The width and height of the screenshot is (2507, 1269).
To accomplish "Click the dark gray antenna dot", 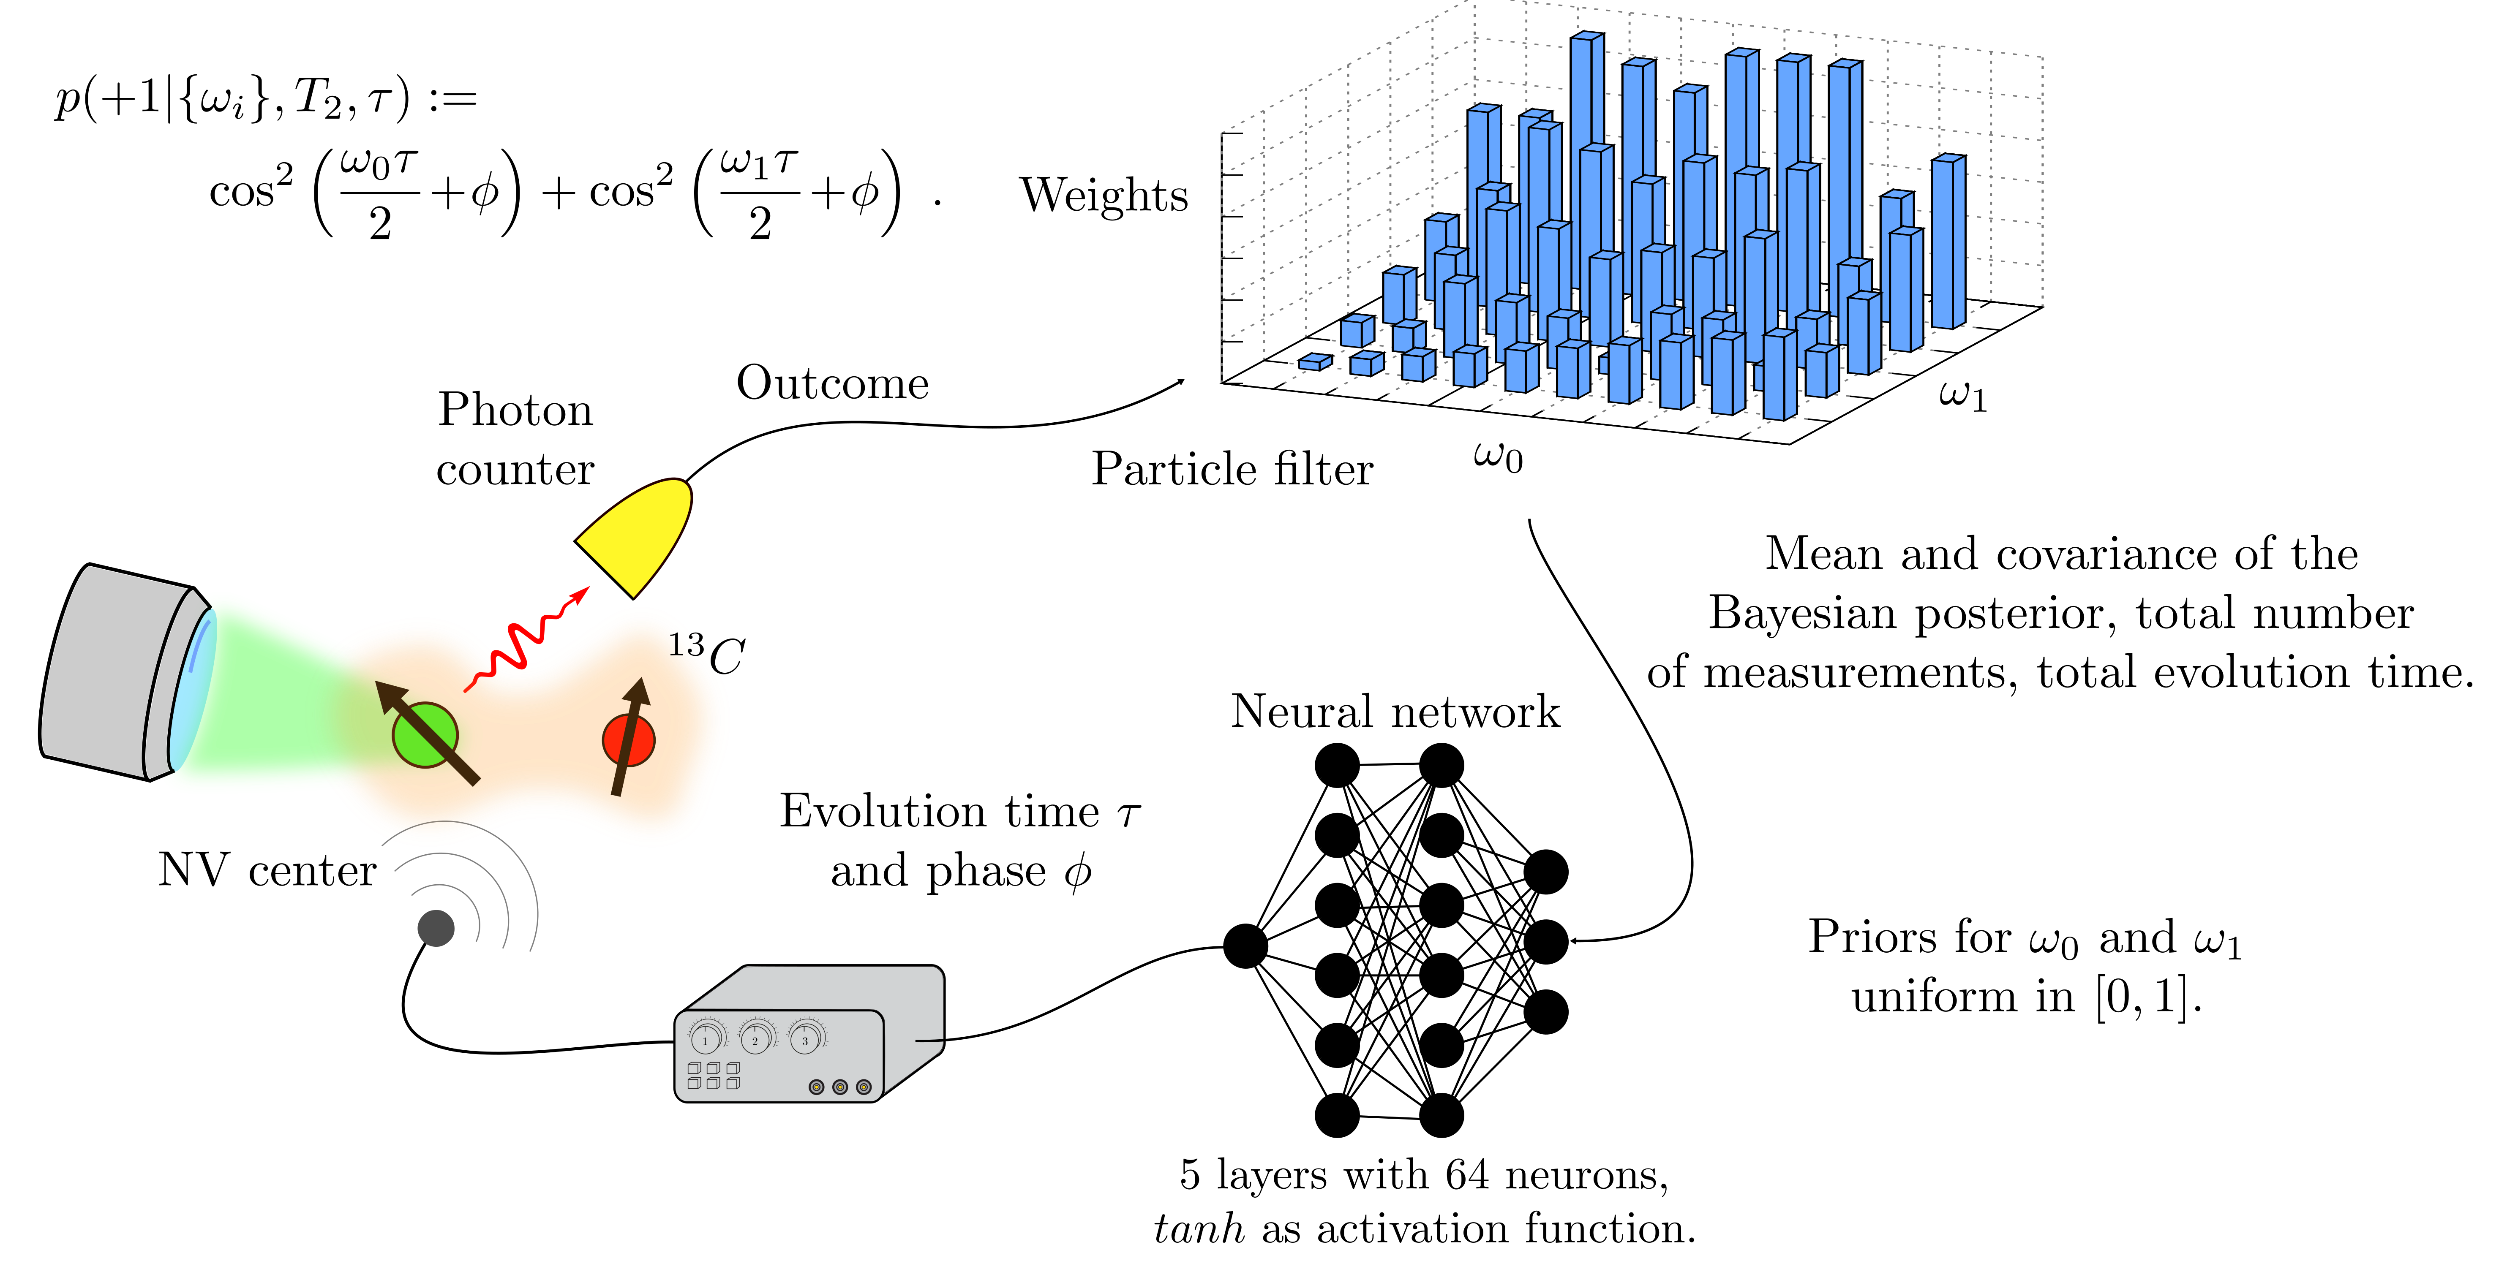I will [x=436, y=927].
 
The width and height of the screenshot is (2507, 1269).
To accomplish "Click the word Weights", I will [x=1104, y=195].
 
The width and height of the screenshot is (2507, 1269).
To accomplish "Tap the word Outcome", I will [x=832, y=383].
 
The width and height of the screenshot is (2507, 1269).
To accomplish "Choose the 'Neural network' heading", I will [x=1395, y=712].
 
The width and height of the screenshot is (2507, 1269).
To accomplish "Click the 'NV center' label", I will [x=267, y=870].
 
